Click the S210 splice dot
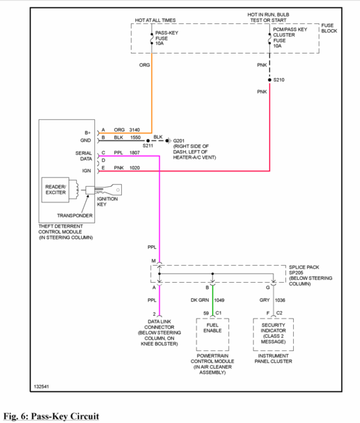(270, 80)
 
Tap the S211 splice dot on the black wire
(148, 140)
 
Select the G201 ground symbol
(168, 140)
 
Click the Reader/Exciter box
(56, 190)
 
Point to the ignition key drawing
(104, 190)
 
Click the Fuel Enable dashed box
(213, 334)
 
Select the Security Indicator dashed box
(273, 334)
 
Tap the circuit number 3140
(135, 130)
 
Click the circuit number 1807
(135, 153)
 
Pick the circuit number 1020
(135, 168)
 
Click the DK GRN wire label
(200, 300)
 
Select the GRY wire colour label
(264, 300)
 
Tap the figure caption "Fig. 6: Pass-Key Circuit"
(51, 416)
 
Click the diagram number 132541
(42, 386)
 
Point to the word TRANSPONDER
(75, 216)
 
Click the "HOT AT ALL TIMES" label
(155, 20)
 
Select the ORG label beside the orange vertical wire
(144, 65)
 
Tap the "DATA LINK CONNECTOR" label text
(159, 324)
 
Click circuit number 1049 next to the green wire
(219, 300)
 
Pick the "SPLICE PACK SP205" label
(304, 270)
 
